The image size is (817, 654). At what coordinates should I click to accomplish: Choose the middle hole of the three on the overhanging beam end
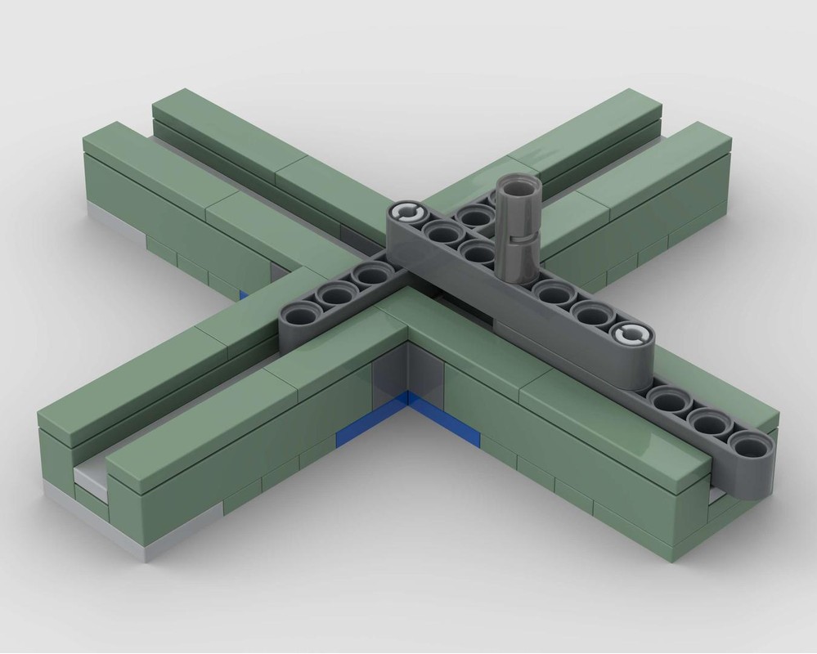[709, 422]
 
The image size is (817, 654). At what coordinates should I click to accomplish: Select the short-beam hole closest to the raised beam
[370, 275]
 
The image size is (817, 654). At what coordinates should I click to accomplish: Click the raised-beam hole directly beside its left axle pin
[442, 233]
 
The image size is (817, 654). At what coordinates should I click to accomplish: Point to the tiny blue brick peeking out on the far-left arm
[244, 294]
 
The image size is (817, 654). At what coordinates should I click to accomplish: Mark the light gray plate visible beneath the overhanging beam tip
[718, 495]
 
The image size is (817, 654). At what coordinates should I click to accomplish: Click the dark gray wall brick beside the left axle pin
[354, 239]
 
